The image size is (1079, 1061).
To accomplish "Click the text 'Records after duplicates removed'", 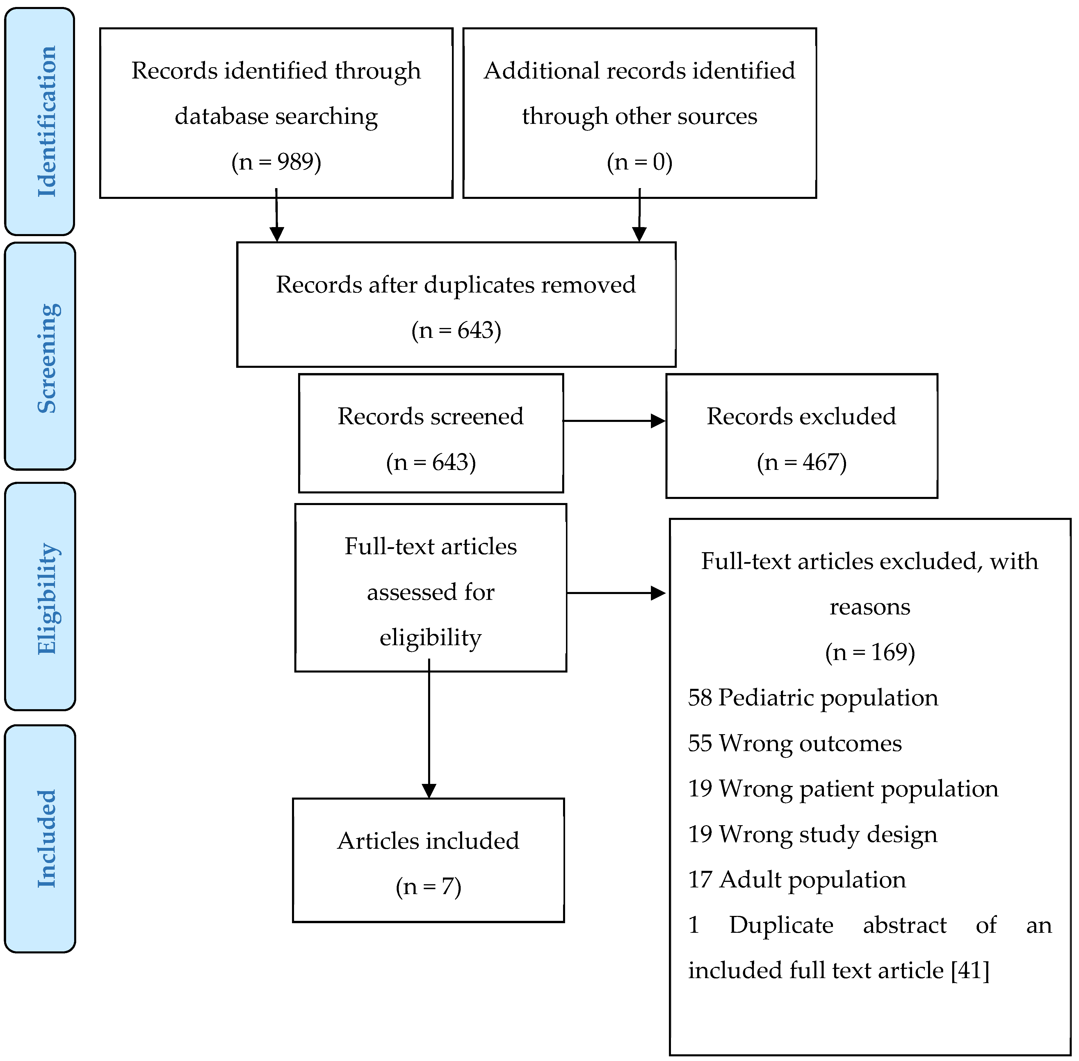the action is pyautogui.click(x=456, y=285).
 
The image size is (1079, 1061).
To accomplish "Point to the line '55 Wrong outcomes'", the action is pyautogui.click(x=795, y=743).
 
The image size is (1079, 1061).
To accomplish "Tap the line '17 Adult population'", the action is pyautogui.click(x=797, y=880).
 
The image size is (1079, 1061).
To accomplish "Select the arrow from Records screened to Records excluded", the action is pyautogui.click(x=614, y=421).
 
